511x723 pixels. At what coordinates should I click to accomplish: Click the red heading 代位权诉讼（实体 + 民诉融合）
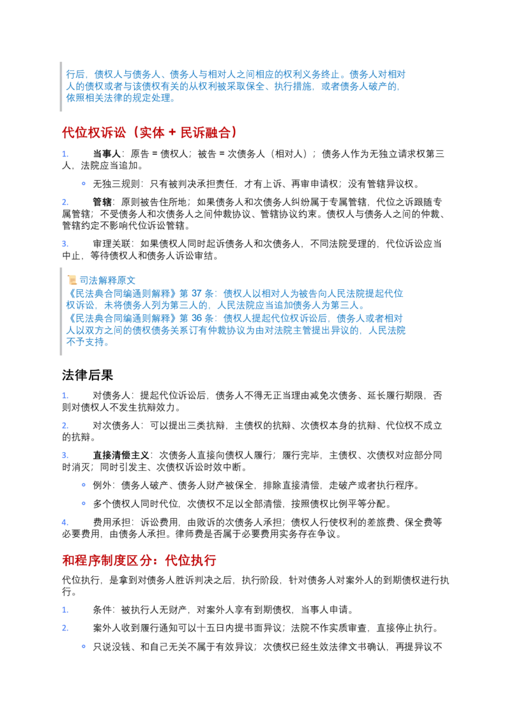(x=150, y=133)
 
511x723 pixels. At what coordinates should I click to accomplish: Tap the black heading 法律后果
(x=88, y=375)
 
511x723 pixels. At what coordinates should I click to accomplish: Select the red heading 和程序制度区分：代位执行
(x=139, y=560)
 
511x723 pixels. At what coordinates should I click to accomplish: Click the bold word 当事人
(x=107, y=154)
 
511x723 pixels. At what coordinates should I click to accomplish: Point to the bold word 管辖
(x=102, y=202)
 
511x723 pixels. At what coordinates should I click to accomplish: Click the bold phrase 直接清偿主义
(x=121, y=455)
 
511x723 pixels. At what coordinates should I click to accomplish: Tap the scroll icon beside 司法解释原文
(x=72, y=280)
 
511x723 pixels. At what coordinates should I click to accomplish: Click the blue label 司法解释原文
(x=107, y=280)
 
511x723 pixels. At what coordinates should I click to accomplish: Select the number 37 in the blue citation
(x=197, y=293)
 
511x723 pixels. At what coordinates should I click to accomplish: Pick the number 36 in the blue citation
(x=197, y=318)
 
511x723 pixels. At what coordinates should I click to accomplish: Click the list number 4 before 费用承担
(x=65, y=522)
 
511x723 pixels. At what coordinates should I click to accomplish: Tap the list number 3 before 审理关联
(x=65, y=244)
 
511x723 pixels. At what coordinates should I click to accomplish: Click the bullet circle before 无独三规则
(x=84, y=183)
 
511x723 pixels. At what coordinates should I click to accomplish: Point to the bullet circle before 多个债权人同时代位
(x=84, y=503)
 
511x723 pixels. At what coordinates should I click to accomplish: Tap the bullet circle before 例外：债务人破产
(x=84, y=485)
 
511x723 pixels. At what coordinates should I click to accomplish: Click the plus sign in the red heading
(x=172, y=133)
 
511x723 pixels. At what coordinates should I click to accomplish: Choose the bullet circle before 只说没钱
(x=84, y=646)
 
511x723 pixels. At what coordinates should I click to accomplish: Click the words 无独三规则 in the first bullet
(x=116, y=184)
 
